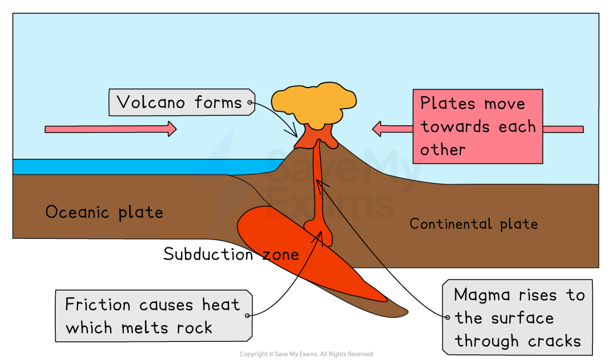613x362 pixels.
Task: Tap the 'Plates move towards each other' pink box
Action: tap(478, 126)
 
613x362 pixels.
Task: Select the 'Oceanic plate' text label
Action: tap(104, 212)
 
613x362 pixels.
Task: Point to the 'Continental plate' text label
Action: tap(474, 224)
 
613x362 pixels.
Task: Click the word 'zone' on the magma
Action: tap(281, 255)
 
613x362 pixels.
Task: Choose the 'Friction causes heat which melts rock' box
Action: tap(153, 315)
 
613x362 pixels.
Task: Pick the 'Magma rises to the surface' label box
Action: tap(517, 317)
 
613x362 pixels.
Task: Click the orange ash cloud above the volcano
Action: tap(313, 104)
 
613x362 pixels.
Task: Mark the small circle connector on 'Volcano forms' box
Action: tap(250, 102)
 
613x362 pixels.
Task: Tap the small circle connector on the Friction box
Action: tap(247, 316)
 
